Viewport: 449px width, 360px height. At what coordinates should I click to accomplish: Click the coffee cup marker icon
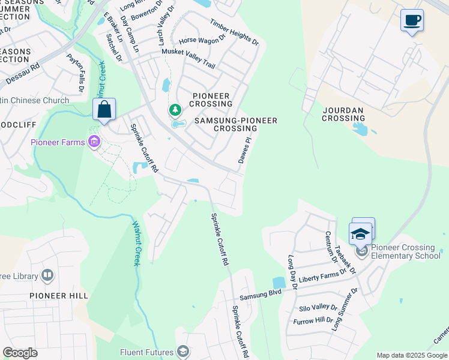click(412, 20)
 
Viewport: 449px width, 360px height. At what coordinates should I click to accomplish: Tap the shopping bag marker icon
click(104, 110)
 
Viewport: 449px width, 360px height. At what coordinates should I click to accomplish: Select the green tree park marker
click(175, 110)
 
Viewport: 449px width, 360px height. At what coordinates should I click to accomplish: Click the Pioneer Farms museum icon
click(94, 142)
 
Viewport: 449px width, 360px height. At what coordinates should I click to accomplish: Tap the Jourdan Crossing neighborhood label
click(344, 114)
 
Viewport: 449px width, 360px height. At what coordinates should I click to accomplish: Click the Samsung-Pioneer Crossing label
click(235, 124)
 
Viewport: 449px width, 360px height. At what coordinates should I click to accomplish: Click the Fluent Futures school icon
click(184, 352)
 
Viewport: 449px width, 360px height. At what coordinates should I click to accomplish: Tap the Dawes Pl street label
click(244, 150)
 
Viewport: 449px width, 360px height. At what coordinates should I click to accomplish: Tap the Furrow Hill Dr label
click(313, 321)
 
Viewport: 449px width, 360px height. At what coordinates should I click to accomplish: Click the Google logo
click(20, 352)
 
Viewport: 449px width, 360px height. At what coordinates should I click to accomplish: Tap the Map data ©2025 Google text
click(412, 355)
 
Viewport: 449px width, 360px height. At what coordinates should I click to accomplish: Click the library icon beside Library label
click(47, 276)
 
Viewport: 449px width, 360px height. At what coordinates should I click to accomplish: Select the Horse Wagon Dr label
click(202, 41)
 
